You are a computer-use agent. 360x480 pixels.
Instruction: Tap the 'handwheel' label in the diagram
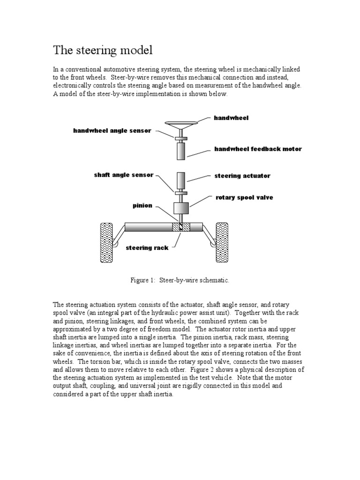[x=231, y=118]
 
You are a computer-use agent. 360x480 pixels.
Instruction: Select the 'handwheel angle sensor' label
[x=112, y=131]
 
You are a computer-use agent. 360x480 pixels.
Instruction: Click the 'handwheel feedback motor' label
[x=258, y=149]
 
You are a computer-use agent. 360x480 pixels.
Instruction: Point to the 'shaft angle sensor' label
[x=123, y=175]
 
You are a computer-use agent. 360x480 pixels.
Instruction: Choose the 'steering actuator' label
[x=242, y=176]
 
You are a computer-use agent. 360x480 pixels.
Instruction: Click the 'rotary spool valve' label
[x=244, y=197]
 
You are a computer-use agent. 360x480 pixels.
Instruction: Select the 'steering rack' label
[x=147, y=247]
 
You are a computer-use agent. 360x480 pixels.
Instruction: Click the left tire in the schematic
[x=107, y=242]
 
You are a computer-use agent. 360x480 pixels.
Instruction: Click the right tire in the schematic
[x=222, y=242]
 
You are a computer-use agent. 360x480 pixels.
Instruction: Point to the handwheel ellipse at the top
[x=182, y=124]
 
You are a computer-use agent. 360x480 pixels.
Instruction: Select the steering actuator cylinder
[x=181, y=181]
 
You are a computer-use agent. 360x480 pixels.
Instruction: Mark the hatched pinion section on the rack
[x=180, y=227]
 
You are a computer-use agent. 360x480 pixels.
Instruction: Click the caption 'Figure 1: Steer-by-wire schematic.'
[x=180, y=280]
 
